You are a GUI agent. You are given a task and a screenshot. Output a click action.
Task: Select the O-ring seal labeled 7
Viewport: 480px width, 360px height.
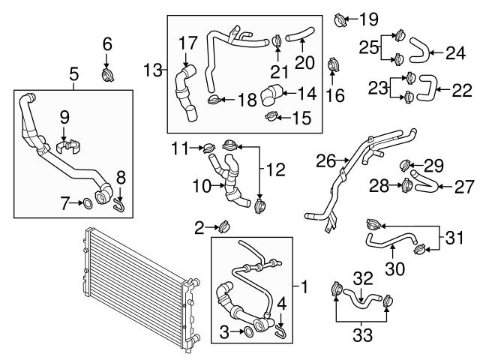(x=86, y=202)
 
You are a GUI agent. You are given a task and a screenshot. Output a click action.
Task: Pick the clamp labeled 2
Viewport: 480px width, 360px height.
(x=223, y=224)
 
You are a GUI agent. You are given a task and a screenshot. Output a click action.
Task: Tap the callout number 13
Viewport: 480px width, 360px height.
(x=153, y=70)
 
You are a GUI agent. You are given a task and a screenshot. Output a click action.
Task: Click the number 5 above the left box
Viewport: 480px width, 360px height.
(x=74, y=73)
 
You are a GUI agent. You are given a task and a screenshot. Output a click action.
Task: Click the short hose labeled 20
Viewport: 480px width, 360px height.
(x=303, y=32)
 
